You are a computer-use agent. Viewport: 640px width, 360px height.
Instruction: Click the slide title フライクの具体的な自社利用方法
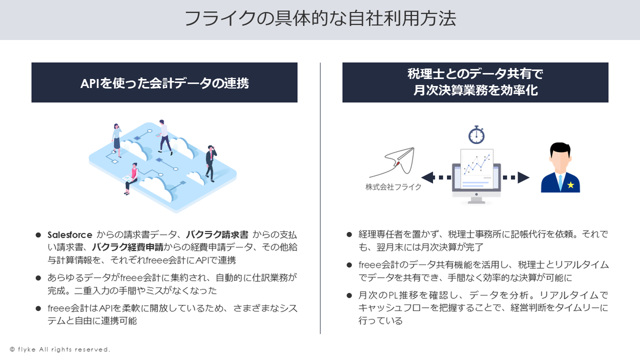tap(321, 19)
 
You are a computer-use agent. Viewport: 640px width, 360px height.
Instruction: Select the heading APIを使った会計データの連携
tap(165, 83)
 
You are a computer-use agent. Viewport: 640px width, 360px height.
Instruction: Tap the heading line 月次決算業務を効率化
tap(476, 90)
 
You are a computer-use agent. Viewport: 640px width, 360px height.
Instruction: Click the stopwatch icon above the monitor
tap(476, 134)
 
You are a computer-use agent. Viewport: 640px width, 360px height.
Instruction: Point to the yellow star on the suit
tap(571, 185)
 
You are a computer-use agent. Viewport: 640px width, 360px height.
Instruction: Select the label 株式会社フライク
tap(393, 187)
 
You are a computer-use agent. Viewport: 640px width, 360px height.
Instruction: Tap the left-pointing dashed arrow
tap(436, 178)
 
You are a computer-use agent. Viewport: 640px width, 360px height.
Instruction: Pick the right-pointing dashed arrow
tap(516, 178)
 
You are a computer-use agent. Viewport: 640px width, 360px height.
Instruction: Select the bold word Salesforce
tap(70, 235)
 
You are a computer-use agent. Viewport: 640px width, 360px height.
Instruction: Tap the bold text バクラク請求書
tap(217, 235)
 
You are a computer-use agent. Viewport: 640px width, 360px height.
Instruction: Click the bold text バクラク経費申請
tap(127, 247)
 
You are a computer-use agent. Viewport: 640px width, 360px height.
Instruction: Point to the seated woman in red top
tap(131, 179)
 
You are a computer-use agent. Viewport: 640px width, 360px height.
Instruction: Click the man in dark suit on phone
tap(211, 163)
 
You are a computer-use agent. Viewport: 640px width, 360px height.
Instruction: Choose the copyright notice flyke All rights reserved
tap(60, 349)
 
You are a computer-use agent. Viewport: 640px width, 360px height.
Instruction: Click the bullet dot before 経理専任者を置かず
tap(349, 235)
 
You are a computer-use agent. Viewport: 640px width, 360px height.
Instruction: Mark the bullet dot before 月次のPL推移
tap(349, 295)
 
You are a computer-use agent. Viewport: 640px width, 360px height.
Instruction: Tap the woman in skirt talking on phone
tap(117, 140)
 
